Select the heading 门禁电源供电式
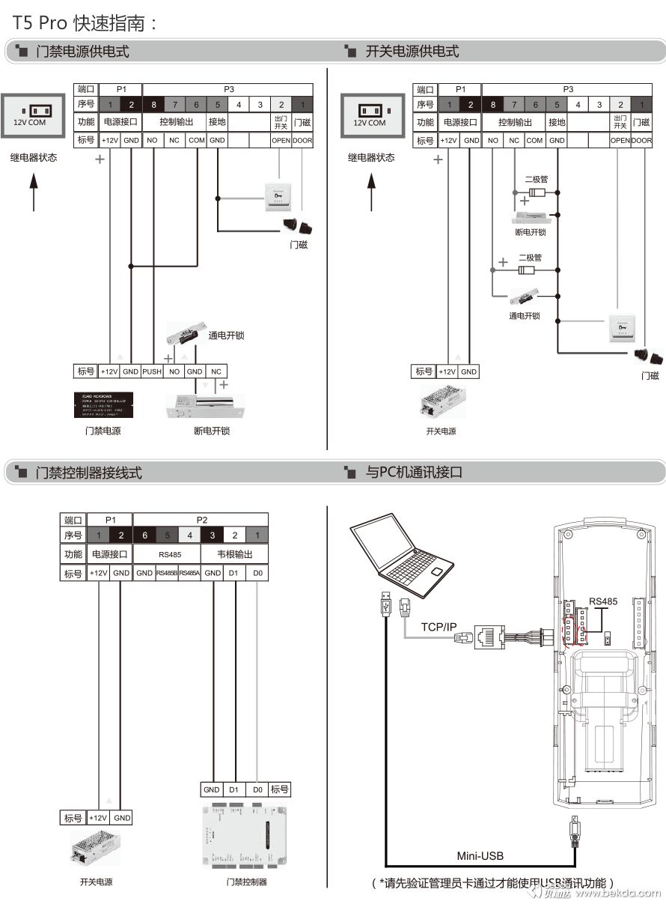pos(82,52)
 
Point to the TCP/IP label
pos(439,627)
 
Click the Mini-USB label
pos(480,856)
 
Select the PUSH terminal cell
pos(152,371)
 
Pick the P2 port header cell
pos(201,519)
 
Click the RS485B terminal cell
pos(167,574)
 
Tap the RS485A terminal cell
pos(189,574)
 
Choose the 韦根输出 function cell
pos(234,555)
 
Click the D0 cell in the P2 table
pos(258,574)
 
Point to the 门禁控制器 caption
pos(246,882)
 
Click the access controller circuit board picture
pos(245,836)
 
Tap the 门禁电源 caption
pos(103,431)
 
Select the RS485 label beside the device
pos(603,601)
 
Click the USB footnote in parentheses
pos(495,883)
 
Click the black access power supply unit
pos(105,404)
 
